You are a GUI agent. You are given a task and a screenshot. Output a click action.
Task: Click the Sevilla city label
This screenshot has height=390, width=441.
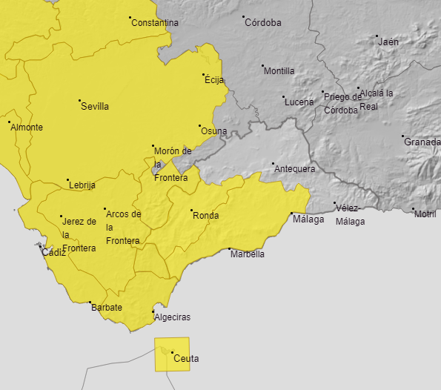click(x=95, y=106)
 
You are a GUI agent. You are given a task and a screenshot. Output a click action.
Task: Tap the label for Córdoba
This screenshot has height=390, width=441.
click(x=263, y=22)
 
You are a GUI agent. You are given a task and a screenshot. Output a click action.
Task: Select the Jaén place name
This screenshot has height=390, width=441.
click(x=388, y=42)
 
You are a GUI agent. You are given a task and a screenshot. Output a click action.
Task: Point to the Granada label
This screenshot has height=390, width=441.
click(x=422, y=142)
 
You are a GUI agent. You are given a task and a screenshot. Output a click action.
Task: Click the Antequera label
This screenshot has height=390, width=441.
click(x=295, y=169)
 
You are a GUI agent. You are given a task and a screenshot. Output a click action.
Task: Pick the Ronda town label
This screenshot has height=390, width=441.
click(x=205, y=216)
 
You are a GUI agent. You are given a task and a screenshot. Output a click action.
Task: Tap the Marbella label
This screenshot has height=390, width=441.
click(x=248, y=254)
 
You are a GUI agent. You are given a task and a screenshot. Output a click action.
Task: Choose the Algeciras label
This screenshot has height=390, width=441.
click(x=172, y=317)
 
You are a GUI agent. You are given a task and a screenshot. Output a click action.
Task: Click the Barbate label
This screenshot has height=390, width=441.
click(x=107, y=307)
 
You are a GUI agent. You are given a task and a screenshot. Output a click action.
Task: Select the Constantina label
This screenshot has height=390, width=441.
click(x=155, y=23)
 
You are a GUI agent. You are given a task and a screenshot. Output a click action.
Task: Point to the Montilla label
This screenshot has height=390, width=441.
click(x=279, y=71)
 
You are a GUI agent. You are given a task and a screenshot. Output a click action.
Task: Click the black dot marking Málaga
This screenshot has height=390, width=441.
click(x=291, y=214)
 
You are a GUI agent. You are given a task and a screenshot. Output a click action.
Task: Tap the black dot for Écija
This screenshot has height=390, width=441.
click(x=204, y=75)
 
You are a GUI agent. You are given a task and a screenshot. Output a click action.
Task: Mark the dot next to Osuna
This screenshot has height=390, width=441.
click(x=199, y=126)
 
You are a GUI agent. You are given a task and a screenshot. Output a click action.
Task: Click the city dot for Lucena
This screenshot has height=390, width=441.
click(x=283, y=97)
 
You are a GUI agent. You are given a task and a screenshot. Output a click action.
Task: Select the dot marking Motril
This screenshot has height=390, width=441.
click(x=413, y=209)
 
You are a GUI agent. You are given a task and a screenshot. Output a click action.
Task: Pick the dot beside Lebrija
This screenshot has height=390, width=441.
click(x=68, y=180)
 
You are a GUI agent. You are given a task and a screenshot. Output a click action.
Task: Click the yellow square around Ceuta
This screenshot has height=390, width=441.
click(x=172, y=354)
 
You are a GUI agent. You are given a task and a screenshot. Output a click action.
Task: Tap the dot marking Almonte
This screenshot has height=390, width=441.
click(x=9, y=122)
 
